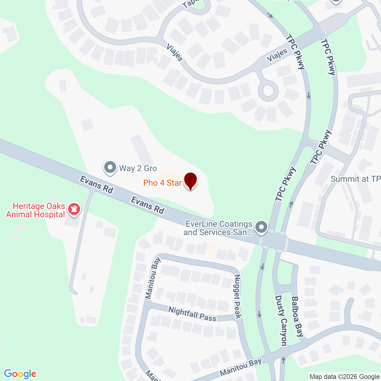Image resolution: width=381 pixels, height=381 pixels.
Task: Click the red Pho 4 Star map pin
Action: (190, 180)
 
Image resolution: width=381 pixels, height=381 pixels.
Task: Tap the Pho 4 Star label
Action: (162, 183)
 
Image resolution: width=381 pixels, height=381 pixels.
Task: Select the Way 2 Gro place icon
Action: (110, 168)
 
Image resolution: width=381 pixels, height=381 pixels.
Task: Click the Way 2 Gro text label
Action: (138, 168)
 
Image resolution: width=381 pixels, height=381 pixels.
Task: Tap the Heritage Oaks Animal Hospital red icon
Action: (74, 209)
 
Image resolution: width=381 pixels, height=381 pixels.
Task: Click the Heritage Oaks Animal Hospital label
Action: (36, 210)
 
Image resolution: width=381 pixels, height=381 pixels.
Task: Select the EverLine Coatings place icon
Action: (262, 227)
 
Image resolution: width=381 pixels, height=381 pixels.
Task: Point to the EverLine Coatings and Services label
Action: (218, 228)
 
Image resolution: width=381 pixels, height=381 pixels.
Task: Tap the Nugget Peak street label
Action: (238, 296)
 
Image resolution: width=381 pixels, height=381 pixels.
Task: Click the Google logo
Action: (20, 374)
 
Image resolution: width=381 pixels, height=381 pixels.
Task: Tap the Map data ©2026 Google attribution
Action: (344, 377)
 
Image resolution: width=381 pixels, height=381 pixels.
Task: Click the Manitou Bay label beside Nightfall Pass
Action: (153, 278)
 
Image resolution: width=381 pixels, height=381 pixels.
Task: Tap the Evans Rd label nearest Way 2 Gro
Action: (96, 185)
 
